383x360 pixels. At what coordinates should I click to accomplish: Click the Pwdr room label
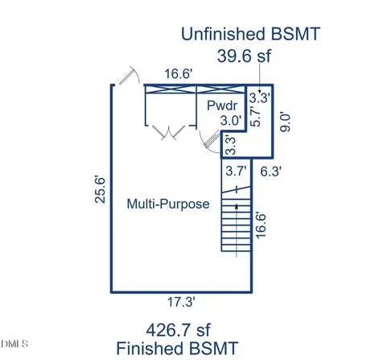[x=222, y=106]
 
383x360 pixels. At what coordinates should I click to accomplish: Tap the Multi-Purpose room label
[x=168, y=204]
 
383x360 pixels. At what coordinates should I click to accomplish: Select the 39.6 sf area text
[x=244, y=56]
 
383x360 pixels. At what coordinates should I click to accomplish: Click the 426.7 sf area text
[x=178, y=330]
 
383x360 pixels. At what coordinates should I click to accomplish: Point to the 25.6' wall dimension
[x=101, y=189]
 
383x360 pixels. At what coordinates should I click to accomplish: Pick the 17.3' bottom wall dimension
[x=181, y=302]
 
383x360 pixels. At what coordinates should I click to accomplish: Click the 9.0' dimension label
[x=285, y=122]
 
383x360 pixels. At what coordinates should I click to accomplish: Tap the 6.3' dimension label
[x=271, y=172]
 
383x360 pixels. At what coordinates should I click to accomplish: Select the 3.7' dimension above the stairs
[x=236, y=171]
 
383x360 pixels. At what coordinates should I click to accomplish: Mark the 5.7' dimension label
[x=255, y=116]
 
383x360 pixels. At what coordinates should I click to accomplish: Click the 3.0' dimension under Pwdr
[x=231, y=121]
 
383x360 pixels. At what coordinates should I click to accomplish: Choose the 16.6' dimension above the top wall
[x=179, y=74]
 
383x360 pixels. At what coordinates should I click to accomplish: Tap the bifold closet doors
[x=169, y=132]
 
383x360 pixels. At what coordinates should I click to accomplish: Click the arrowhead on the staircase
[x=237, y=206]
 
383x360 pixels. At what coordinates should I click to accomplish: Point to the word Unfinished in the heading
[x=223, y=34]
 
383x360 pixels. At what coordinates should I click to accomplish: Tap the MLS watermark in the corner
[x=14, y=344]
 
